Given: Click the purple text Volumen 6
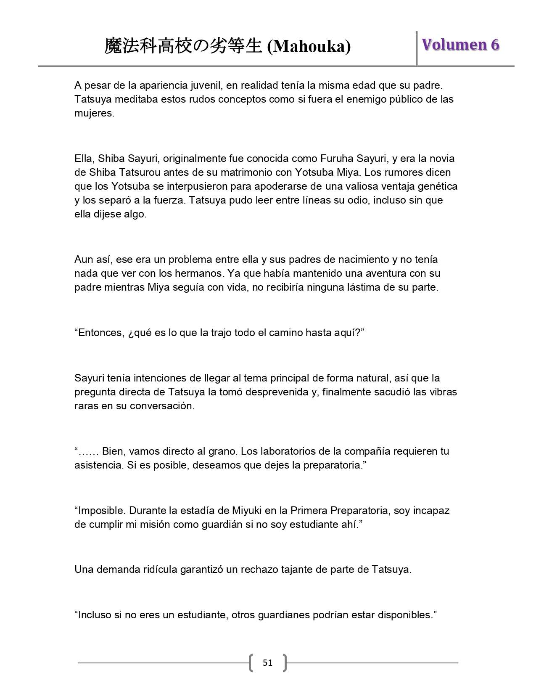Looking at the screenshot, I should (x=461, y=45).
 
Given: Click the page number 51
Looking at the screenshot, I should (x=267, y=663).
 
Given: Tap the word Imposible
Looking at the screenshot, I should (x=101, y=511).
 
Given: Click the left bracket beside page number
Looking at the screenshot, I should (x=251, y=663).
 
